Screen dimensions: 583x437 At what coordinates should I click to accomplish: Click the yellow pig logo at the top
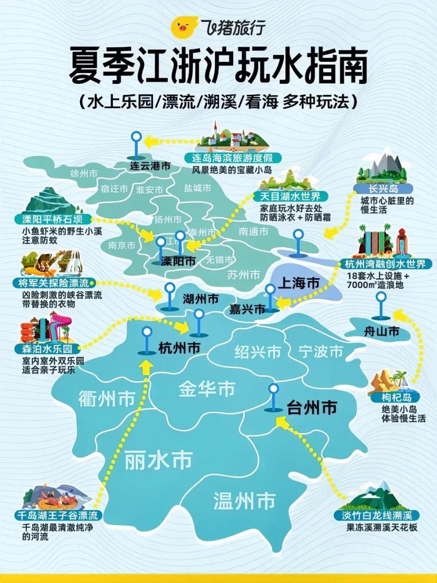coord(184,28)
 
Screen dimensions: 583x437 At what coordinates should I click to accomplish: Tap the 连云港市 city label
coord(150,166)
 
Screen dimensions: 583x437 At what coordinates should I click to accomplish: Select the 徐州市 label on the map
coord(84,174)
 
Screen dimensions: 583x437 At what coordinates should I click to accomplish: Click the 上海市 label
coord(299,283)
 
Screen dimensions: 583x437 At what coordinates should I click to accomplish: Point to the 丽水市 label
coord(158,460)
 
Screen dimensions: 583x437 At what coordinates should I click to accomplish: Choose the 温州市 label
coord(244,501)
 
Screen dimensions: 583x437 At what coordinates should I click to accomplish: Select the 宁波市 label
coord(321,351)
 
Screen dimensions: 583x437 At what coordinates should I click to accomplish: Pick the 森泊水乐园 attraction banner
coord(44,349)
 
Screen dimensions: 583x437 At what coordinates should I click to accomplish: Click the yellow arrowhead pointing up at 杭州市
coord(146,367)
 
